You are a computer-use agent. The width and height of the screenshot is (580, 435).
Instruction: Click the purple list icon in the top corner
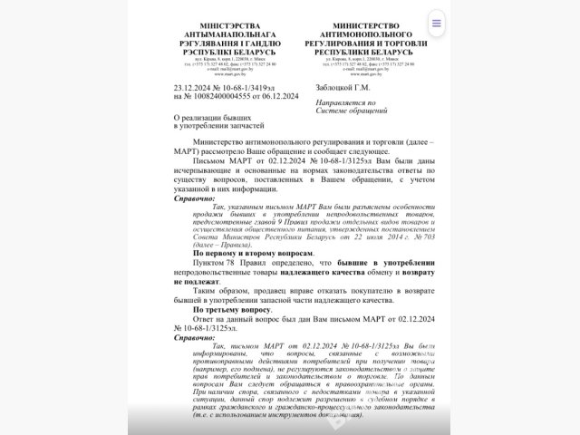(437, 24)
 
